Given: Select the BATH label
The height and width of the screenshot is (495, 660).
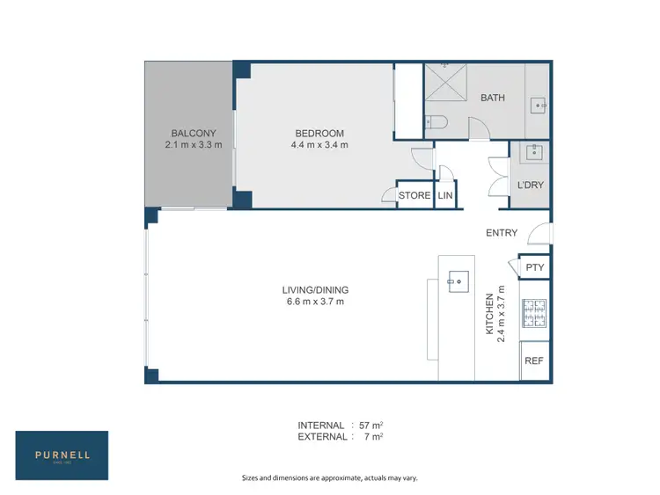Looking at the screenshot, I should [x=492, y=98].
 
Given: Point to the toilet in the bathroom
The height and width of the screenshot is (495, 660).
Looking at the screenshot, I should [x=437, y=122].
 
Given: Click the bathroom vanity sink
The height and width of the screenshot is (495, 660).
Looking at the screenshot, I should [x=539, y=106].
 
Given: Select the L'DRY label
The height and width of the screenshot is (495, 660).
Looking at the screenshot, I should [x=531, y=186].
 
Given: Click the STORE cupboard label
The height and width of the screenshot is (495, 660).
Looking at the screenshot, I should [x=414, y=195].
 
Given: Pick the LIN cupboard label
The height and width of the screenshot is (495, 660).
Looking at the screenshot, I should [x=444, y=195].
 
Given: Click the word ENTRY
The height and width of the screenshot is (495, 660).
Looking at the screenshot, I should [x=502, y=233].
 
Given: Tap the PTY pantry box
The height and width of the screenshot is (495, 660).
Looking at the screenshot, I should [x=533, y=267].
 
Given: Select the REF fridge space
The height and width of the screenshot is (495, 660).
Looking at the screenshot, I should [x=533, y=360].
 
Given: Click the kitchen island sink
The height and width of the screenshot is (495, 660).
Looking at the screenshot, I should [x=458, y=281].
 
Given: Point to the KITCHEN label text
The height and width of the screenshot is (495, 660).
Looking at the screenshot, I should [x=489, y=315].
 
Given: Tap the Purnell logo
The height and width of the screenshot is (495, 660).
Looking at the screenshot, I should [x=62, y=455].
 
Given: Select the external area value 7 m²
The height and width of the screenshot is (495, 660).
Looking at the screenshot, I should [x=375, y=436].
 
